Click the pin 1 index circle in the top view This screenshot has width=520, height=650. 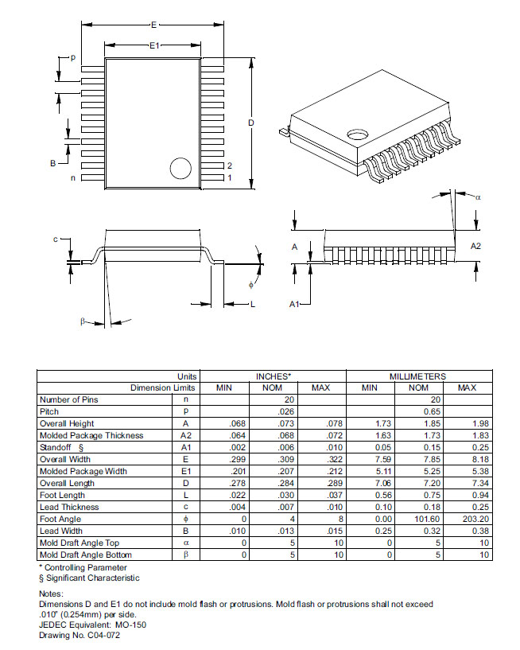click(x=180, y=169)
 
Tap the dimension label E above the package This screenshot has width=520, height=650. click(x=153, y=25)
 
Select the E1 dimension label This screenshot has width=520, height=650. click(x=154, y=45)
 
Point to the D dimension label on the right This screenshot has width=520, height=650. click(x=251, y=123)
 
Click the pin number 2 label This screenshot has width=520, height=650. click(x=230, y=165)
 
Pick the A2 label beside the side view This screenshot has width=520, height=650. click(x=475, y=247)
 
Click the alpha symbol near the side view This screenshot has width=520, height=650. click(x=478, y=197)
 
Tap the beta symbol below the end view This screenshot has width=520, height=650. click(x=83, y=321)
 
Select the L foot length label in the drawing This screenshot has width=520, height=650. click(x=253, y=304)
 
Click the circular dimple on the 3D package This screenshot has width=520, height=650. click(x=358, y=134)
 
